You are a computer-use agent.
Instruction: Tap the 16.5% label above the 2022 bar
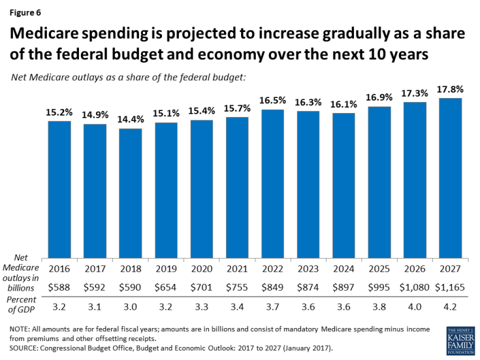(273, 101)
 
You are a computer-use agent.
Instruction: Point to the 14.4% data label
(131, 120)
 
